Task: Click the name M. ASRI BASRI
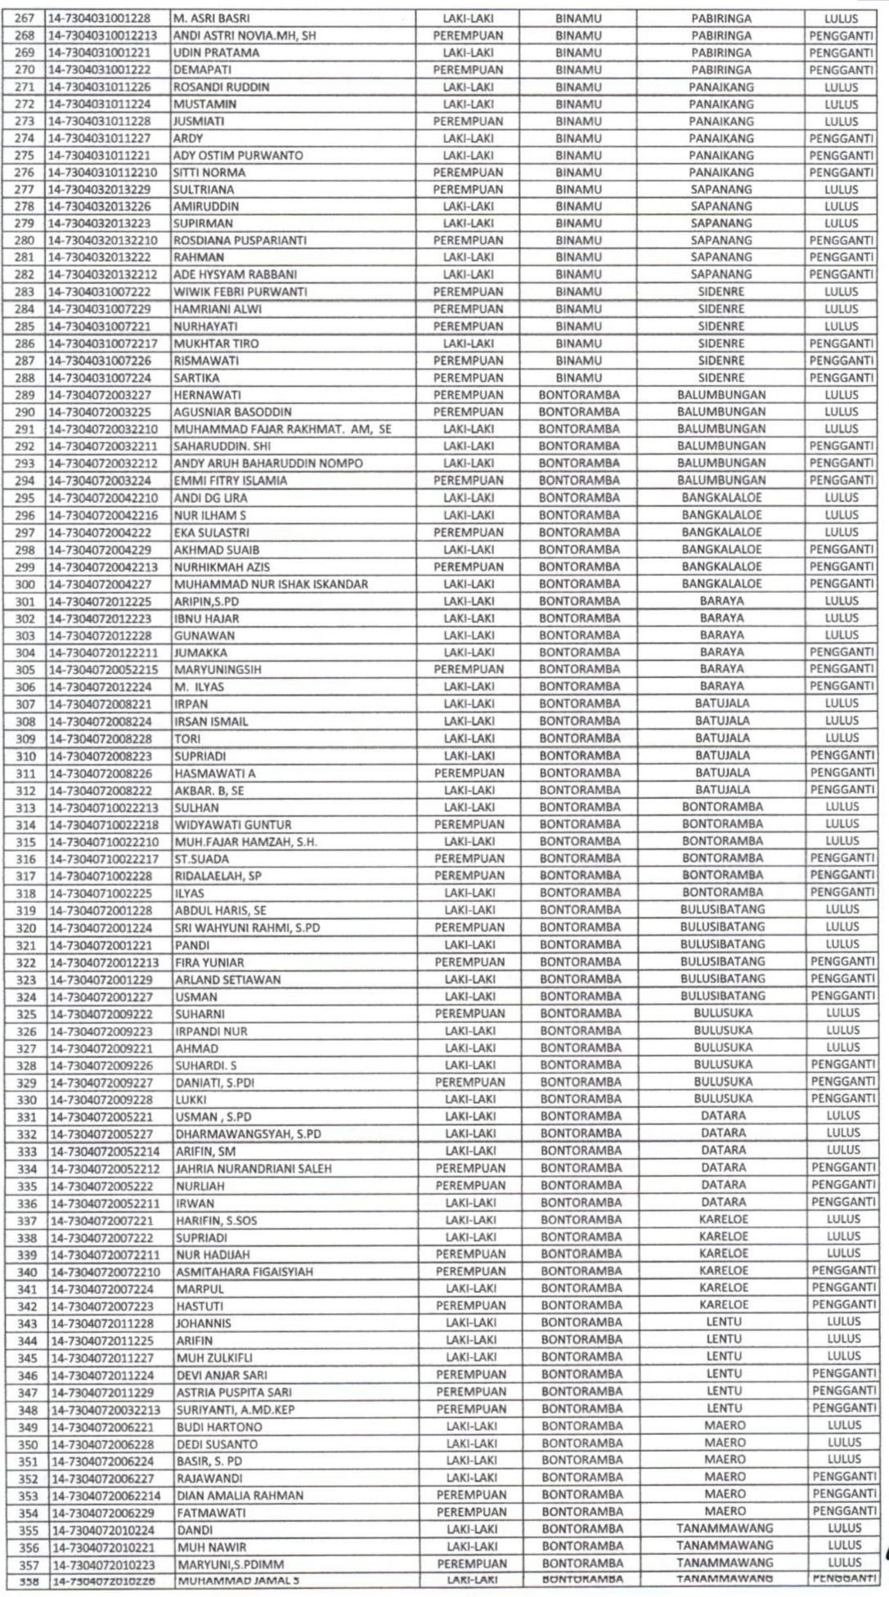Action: (212, 18)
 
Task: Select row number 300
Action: (25, 584)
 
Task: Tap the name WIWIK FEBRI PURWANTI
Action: (231, 292)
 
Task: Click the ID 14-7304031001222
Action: (100, 70)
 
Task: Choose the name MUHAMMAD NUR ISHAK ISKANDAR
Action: (271, 584)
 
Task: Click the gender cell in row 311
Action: (469, 773)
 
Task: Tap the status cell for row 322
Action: (842, 962)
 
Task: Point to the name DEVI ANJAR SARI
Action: (221, 1375)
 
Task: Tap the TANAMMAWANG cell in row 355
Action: (725, 1528)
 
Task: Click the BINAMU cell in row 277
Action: (578, 189)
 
